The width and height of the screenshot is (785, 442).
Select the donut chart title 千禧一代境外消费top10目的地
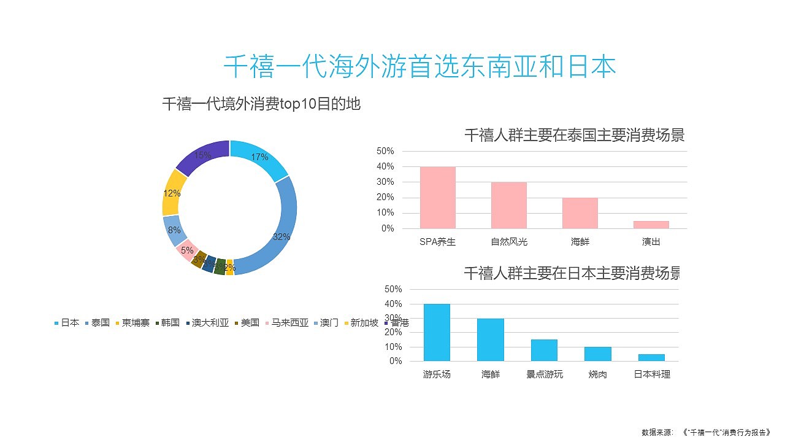[x=261, y=104]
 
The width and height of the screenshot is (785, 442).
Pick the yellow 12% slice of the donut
[x=173, y=192]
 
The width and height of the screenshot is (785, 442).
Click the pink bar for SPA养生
[x=437, y=198]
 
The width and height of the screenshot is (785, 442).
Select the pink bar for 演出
[x=651, y=225]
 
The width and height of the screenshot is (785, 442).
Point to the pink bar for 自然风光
[x=508, y=205]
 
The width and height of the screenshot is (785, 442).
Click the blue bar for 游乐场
[x=437, y=333]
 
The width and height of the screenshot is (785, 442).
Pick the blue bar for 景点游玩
[x=544, y=350]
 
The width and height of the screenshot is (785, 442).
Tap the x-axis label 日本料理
[x=652, y=374]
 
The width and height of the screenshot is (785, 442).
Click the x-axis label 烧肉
[x=597, y=374]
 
